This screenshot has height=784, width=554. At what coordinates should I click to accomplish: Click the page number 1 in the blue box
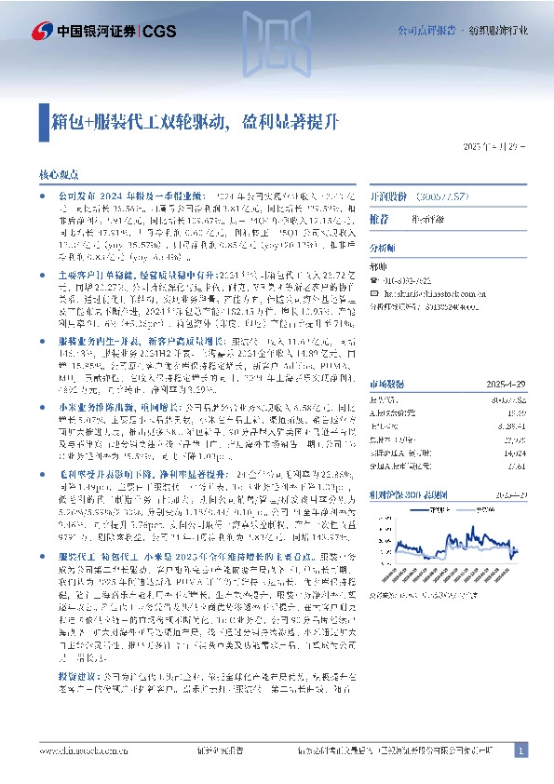(521, 750)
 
